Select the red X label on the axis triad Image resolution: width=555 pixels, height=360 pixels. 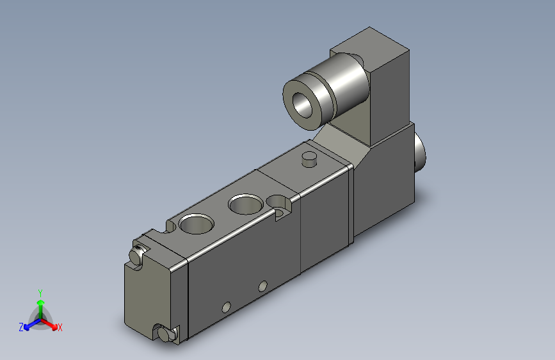point(60,328)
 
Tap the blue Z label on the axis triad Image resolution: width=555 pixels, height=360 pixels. point(21,327)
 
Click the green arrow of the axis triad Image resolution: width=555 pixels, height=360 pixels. point(40,304)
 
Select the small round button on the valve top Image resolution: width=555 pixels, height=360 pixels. point(309,158)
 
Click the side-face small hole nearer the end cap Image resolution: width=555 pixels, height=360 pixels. point(225,307)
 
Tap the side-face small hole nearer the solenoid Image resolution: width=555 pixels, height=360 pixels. point(262,285)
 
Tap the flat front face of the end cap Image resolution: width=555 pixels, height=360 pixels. point(148,295)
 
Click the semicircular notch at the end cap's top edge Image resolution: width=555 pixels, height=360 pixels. point(172,225)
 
